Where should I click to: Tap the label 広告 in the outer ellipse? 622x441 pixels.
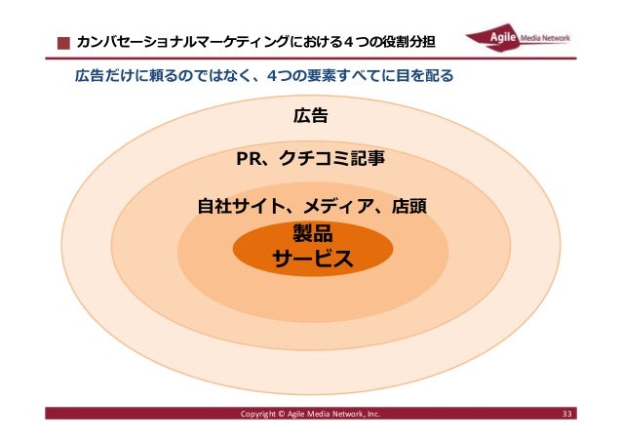tap(310, 116)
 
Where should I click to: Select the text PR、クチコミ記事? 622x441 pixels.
tap(310, 159)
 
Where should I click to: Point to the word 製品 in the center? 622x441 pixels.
tap(312, 234)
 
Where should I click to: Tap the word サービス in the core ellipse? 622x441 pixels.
tap(312, 259)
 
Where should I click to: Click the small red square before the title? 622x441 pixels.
tap(62, 44)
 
